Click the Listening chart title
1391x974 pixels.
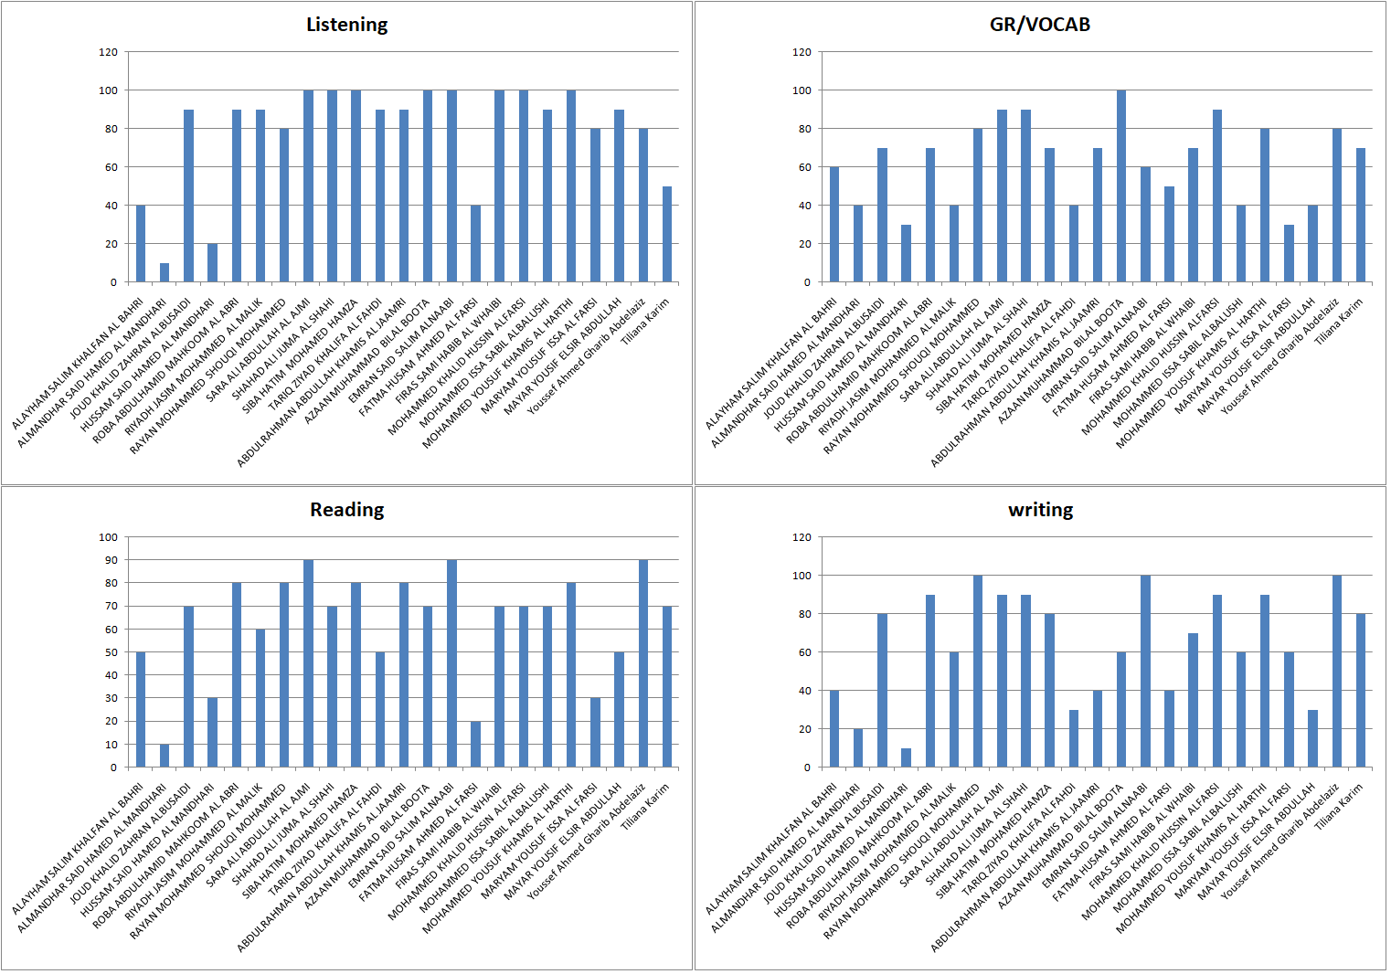[346, 25]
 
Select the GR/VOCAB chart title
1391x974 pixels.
[1039, 25]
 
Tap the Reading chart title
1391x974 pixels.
[346, 510]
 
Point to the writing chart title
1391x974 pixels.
[1040, 510]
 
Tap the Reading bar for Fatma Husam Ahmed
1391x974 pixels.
[475, 744]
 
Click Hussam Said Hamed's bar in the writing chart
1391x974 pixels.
[906, 757]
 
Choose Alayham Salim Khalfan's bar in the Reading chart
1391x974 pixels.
[141, 709]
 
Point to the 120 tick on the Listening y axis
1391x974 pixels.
[109, 52]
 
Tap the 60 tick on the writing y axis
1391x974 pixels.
[802, 652]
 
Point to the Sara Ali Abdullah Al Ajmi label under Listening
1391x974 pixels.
[259, 350]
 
